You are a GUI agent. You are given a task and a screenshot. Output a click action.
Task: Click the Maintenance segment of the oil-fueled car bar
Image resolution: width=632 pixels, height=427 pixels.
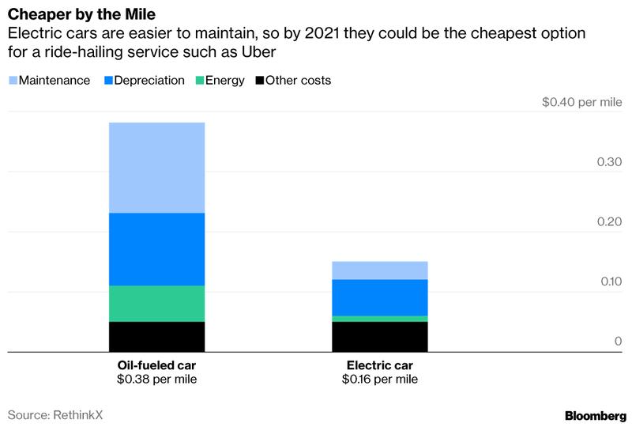tap(156, 168)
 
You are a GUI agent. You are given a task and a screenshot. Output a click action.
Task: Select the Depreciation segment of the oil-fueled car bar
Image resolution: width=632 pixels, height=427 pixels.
tap(156, 249)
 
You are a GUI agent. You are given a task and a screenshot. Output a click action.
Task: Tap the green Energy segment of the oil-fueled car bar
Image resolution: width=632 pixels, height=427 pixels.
tap(156, 304)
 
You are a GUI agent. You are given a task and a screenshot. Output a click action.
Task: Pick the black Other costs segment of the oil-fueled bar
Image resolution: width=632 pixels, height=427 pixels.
tap(156, 336)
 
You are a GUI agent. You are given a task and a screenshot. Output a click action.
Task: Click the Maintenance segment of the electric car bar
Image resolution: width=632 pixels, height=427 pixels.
tap(379, 270)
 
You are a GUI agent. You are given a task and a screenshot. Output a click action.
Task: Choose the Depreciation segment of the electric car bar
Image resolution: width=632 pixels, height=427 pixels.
tap(379, 297)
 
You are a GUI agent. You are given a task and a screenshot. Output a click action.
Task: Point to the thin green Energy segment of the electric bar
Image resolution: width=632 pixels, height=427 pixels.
tap(379, 319)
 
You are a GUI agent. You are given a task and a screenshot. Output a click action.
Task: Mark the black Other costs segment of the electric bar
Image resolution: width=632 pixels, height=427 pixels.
tap(379, 336)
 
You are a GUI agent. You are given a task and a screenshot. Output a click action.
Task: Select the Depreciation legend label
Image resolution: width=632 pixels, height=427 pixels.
tap(150, 81)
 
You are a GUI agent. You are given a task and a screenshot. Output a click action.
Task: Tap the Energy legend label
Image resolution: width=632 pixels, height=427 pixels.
tap(226, 81)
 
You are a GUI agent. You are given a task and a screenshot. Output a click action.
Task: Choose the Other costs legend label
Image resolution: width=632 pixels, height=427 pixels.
tap(299, 81)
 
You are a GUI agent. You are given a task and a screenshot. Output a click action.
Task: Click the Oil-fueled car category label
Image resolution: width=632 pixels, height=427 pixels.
tap(156, 365)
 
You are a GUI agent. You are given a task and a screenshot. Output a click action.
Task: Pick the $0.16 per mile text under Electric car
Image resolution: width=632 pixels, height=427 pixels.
tap(379, 380)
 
